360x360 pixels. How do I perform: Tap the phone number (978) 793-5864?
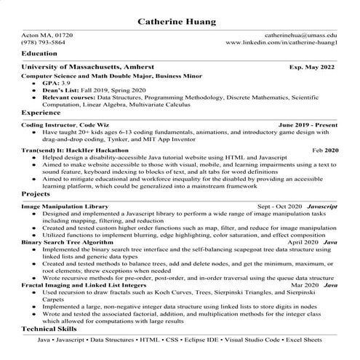pyautogui.click(x=43, y=43)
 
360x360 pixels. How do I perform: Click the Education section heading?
pyautogui.click(x=40, y=54)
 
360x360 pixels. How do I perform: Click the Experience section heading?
pyautogui.click(x=41, y=113)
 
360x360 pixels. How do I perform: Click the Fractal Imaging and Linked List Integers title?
pyautogui.click(x=84, y=284)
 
